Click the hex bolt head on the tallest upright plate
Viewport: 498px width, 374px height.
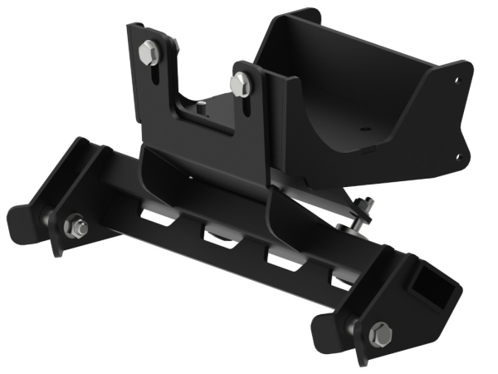coord(150,52)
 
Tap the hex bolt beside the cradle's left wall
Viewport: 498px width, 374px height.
coord(240,82)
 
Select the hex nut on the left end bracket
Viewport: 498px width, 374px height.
coord(73,225)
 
